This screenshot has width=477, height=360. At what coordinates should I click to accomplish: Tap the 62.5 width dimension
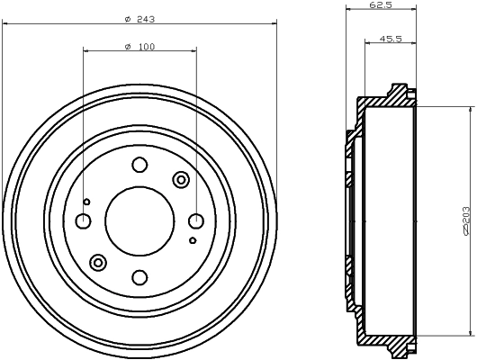tap(380, 5)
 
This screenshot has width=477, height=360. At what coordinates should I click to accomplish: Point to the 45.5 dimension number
tap(391, 39)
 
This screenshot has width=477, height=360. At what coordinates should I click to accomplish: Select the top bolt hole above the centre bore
tap(139, 164)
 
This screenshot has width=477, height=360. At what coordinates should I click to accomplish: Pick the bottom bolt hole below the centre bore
tap(139, 277)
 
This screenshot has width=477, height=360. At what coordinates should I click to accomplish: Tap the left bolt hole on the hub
tap(83, 220)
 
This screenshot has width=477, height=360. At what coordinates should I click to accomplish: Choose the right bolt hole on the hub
tap(195, 220)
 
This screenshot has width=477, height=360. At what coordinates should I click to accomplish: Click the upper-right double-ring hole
tap(180, 180)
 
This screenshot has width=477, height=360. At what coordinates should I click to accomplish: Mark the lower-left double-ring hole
tap(98, 262)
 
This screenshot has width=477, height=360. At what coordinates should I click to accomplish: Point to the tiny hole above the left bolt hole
tap(86, 201)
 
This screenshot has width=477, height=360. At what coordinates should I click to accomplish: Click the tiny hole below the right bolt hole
tap(193, 241)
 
